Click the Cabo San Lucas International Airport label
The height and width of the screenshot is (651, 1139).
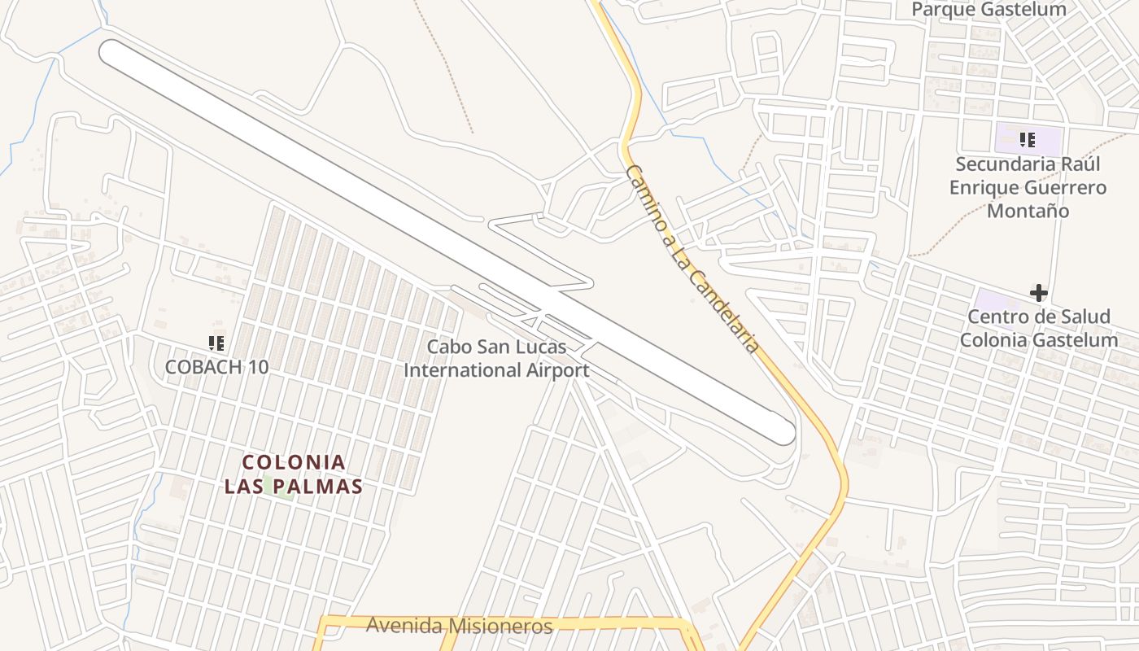pyautogui.click(x=496, y=359)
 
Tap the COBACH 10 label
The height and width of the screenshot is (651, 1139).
pyautogui.click(x=216, y=367)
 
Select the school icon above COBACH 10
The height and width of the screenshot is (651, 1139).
pyautogui.click(x=216, y=343)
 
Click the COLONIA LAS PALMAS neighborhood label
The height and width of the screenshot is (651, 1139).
pyautogui.click(x=294, y=474)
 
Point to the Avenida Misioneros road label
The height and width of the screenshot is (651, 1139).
pyautogui.click(x=460, y=626)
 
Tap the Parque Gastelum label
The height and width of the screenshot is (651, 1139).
pyautogui.click(x=988, y=10)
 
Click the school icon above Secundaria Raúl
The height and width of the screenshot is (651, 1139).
pyautogui.click(x=1027, y=140)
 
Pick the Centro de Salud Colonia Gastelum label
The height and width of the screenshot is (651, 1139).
pyautogui.click(x=1039, y=329)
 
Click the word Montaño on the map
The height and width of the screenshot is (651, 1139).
pyautogui.click(x=1028, y=212)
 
